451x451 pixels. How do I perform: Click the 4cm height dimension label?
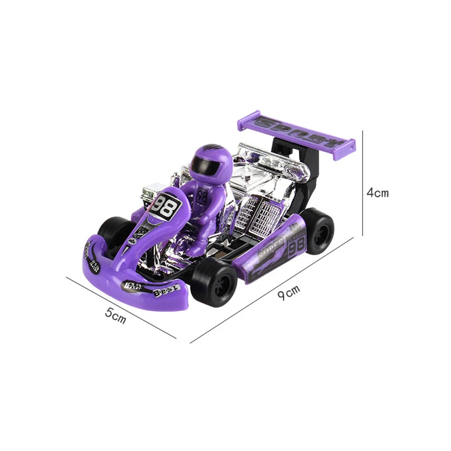point(377,193)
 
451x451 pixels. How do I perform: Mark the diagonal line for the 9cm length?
point(271,291)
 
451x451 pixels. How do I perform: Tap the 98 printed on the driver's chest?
point(202,196)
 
